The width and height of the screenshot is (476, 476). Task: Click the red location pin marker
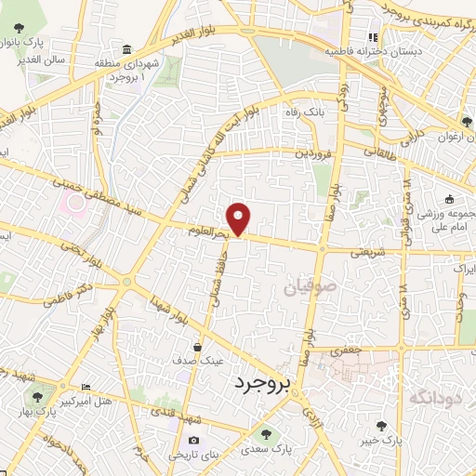[240, 218]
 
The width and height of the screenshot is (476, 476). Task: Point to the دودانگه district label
[437, 398]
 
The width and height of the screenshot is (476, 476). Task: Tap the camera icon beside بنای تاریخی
[193, 440]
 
